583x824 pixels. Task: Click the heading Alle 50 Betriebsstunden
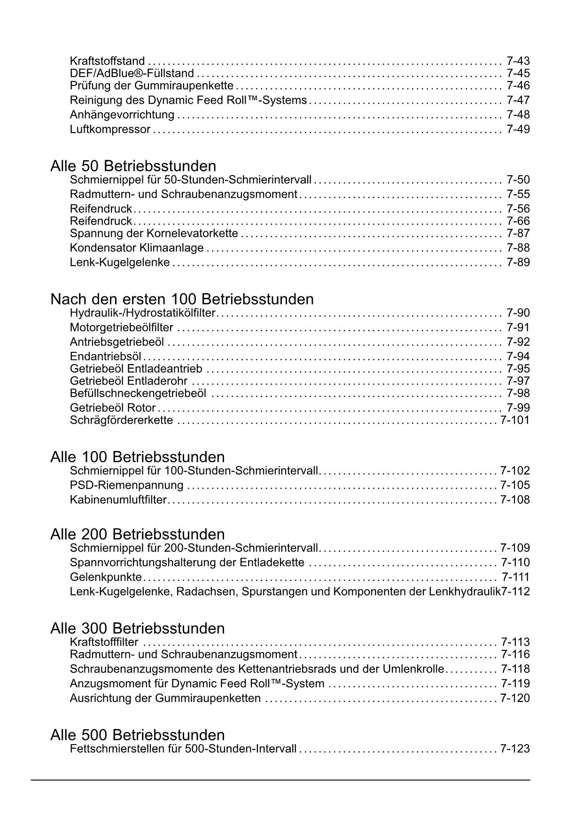click(133, 166)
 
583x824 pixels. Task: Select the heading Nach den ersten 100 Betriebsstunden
click(182, 299)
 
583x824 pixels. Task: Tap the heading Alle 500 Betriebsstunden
click(137, 734)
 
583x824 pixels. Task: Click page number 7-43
click(518, 61)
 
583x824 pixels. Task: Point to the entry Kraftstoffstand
click(107, 61)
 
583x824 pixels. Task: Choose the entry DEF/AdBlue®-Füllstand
click(132, 73)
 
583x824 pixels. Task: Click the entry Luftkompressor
click(110, 129)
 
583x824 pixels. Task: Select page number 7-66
click(518, 221)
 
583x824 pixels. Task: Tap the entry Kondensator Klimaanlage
click(137, 248)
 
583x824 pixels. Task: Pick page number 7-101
click(515, 420)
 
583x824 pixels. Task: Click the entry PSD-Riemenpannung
click(126, 485)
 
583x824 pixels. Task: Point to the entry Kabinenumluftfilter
click(118, 499)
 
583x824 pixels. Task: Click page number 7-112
click(515, 591)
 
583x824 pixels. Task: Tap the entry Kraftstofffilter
click(104, 642)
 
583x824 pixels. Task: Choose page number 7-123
click(515, 748)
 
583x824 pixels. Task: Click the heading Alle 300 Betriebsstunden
click(137, 628)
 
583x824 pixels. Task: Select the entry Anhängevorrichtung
click(122, 115)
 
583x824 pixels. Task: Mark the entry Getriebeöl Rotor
click(113, 408)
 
